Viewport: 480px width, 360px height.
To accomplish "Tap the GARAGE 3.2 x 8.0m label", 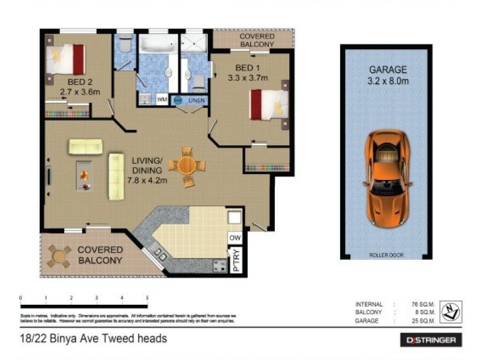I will click(388, 76).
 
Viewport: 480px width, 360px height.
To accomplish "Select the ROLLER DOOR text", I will click(386, 255).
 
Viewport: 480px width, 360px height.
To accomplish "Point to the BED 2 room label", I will click(79, 86).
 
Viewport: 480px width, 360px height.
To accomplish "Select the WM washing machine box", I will click(161, 100).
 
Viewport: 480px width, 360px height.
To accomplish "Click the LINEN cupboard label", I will click(196, 100).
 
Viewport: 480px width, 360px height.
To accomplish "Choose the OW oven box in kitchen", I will click(235, 238).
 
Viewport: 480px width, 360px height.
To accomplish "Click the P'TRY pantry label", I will click(236, 259).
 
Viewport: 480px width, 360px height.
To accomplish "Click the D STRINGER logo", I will click(431, 340).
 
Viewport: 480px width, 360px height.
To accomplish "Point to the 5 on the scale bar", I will click(147, 298).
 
